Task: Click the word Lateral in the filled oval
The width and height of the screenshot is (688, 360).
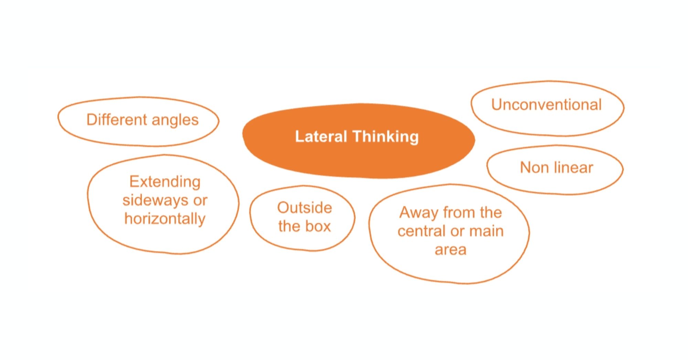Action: tap(321, 137)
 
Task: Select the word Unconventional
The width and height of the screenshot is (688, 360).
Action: tap(546, 105)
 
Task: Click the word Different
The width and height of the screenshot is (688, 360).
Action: tap(117, 120)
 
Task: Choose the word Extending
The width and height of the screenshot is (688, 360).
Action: tap(165, 182)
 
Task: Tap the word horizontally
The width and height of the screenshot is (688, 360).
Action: tap(165, 219)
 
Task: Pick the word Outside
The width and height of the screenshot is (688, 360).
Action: tap(304, 208)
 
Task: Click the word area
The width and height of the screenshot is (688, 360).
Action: tap(450, 250)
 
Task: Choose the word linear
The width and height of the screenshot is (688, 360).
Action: tap(573, 168)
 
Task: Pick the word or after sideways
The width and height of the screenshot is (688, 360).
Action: tap(200, 200)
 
